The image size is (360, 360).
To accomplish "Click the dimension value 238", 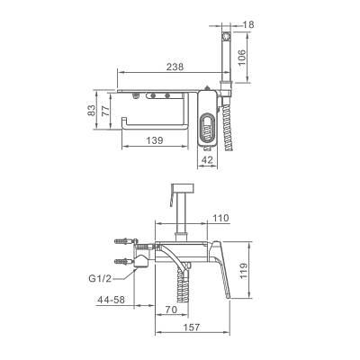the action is [x=175, y=67].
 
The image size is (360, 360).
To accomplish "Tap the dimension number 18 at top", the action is [x=248, y=24].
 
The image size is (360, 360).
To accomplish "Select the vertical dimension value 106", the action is [x=242, y=58].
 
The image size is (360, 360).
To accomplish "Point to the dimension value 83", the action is [x=92, y=110].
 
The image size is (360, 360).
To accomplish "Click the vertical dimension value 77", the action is [x=104, y=110].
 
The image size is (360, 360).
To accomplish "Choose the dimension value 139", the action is [x=155, y=140].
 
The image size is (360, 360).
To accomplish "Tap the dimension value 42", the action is [x=207, y=159].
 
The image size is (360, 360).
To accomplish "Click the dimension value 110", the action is [x=220, y=218].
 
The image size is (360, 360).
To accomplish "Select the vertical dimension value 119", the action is [x=244, y=271].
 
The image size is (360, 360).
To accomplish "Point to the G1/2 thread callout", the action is [x=100, y=278].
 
